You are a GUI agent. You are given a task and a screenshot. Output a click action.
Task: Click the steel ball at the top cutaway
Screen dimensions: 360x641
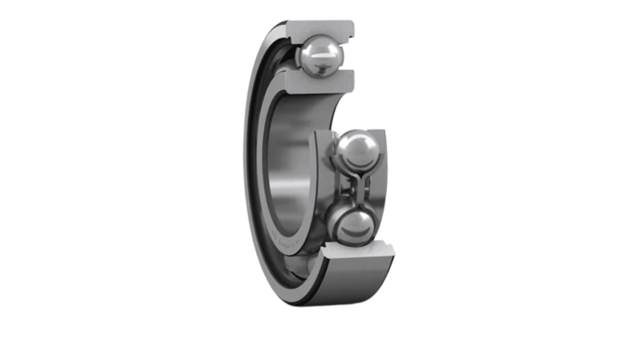pyautogui.click(x=320, y=56)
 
